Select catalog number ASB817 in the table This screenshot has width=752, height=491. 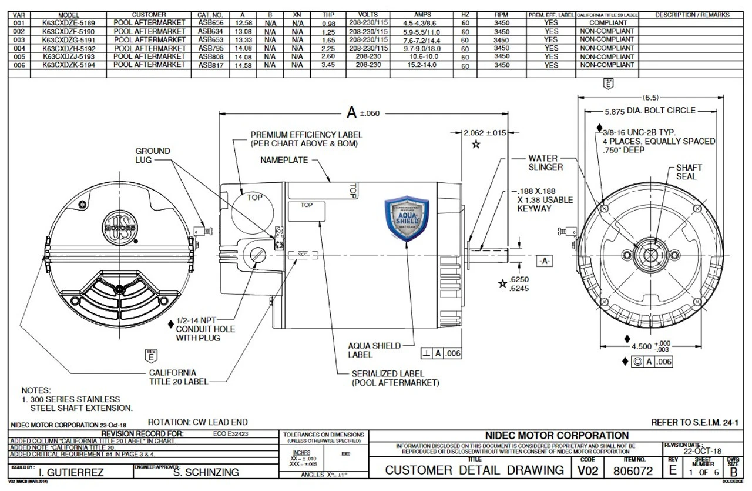pyautogui.click(x=210, y=65)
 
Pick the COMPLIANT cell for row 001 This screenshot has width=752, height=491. pyautogui.click(x=606, y=22)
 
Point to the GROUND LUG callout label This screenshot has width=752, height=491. pyautogui.click(x=152, y=155)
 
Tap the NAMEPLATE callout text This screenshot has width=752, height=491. pyautogui.click(x=285, y=160)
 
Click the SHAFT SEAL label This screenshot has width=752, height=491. pyautogui.click(x=689, y=172)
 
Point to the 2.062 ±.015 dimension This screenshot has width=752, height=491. pyautogui.click(x=485, y=133)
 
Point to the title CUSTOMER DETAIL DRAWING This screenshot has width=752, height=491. pyautogui.click(x=475, y=471)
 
